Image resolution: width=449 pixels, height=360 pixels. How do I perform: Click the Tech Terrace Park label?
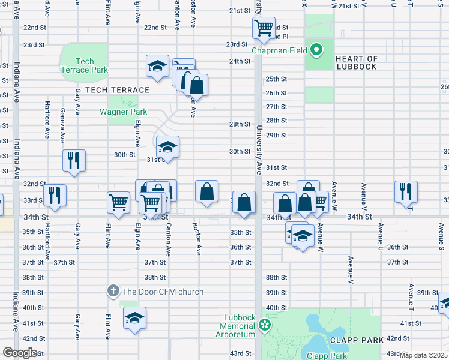pyautogui.click(x=85, y=65)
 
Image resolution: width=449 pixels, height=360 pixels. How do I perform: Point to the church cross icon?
pyautogui.click(x=113, y=292)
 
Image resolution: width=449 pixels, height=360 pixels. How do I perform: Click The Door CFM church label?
pyautogui.click(x=163, y=292)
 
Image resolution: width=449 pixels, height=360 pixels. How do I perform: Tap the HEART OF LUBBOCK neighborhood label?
pyautogui.click(x=356, y=62)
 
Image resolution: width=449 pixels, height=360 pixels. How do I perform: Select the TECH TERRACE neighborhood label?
pyautogui.click(x=117, y=90)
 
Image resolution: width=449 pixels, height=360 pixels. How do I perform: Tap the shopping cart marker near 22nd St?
pyautogui.click(x=264, y=28)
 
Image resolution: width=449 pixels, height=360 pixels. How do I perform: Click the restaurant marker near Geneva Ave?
pyautogui.click(x=74, y=160)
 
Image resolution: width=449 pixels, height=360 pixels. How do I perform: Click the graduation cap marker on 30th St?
pyautogui.click(x=167, y=146)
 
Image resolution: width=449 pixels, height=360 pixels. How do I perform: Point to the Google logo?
pyautogui.click(x=20, y=353)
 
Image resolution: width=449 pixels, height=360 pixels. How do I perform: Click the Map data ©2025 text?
pyautogui.click(x=424, y=355)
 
